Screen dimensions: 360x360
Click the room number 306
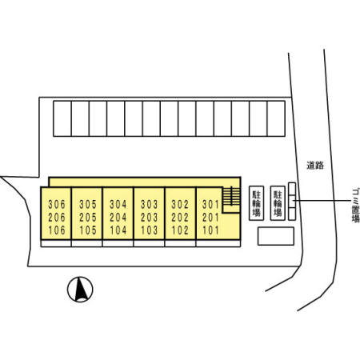(x=57, y=205)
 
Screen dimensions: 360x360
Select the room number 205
(x=88, y=218)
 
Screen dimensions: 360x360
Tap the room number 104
(x=118, y=230)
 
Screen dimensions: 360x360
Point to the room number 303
(x=150, y=205)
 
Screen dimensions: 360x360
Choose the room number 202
(x=180, y=218)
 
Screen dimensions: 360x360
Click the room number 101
(x=210, y=230)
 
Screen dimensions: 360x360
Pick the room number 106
(x=57, y=230)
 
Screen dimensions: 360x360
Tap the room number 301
(x=210, y=205)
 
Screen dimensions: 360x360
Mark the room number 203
(x=150, y=218)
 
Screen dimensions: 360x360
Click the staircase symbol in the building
(x=231, y=196)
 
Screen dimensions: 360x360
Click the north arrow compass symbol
(x=80, y=290)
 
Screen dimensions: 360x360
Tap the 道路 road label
(x=315, y=166)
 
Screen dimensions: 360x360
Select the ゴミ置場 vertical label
(x=355, y=205)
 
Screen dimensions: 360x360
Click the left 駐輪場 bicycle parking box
(x=257, y=203)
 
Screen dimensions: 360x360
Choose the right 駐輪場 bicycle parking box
(x=278, y=203)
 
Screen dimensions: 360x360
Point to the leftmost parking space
(x=62, y=118)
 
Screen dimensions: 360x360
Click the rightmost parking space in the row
(x=276, y=118)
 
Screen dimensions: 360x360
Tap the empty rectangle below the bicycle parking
(x=276, y=236)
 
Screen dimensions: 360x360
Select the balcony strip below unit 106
(x=56, y=243)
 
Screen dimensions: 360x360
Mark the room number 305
(x=88, y=205)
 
